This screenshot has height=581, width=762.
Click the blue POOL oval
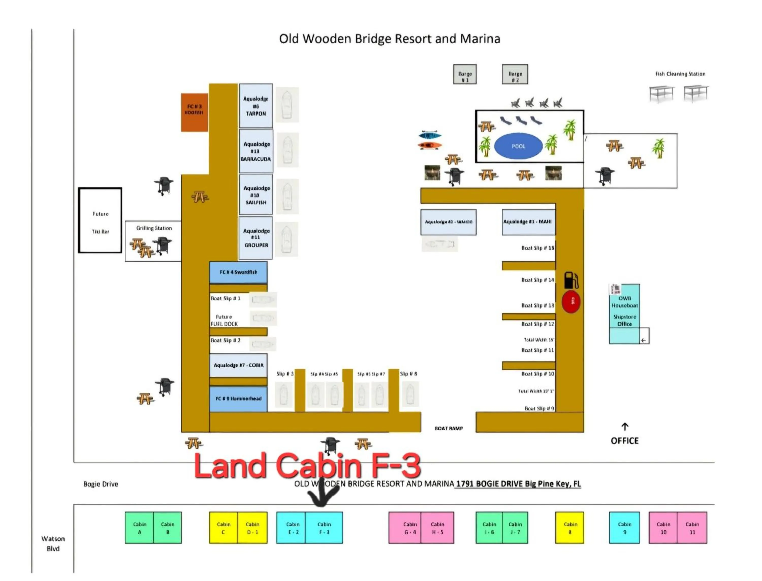(518, 146)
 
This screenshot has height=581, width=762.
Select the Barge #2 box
(515, 74)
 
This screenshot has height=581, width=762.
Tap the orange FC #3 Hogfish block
(194, 112)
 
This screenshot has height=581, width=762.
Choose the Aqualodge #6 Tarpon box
(256, 106)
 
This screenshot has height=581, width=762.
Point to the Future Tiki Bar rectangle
(100, 221)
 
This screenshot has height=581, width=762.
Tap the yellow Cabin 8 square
(569, 527)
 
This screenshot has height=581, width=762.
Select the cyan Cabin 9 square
(624, 527)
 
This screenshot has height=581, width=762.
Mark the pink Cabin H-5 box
(437, 527)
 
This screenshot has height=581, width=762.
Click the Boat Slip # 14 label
(537, 280)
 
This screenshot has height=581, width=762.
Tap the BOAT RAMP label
(449, 428)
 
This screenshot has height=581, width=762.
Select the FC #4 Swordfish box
(238, 272)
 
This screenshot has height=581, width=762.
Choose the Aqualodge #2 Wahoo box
(448, 222)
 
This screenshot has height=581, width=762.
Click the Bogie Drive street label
(100, 484)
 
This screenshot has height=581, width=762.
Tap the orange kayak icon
(430, 146)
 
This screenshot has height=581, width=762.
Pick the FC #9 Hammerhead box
(238, 399)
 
